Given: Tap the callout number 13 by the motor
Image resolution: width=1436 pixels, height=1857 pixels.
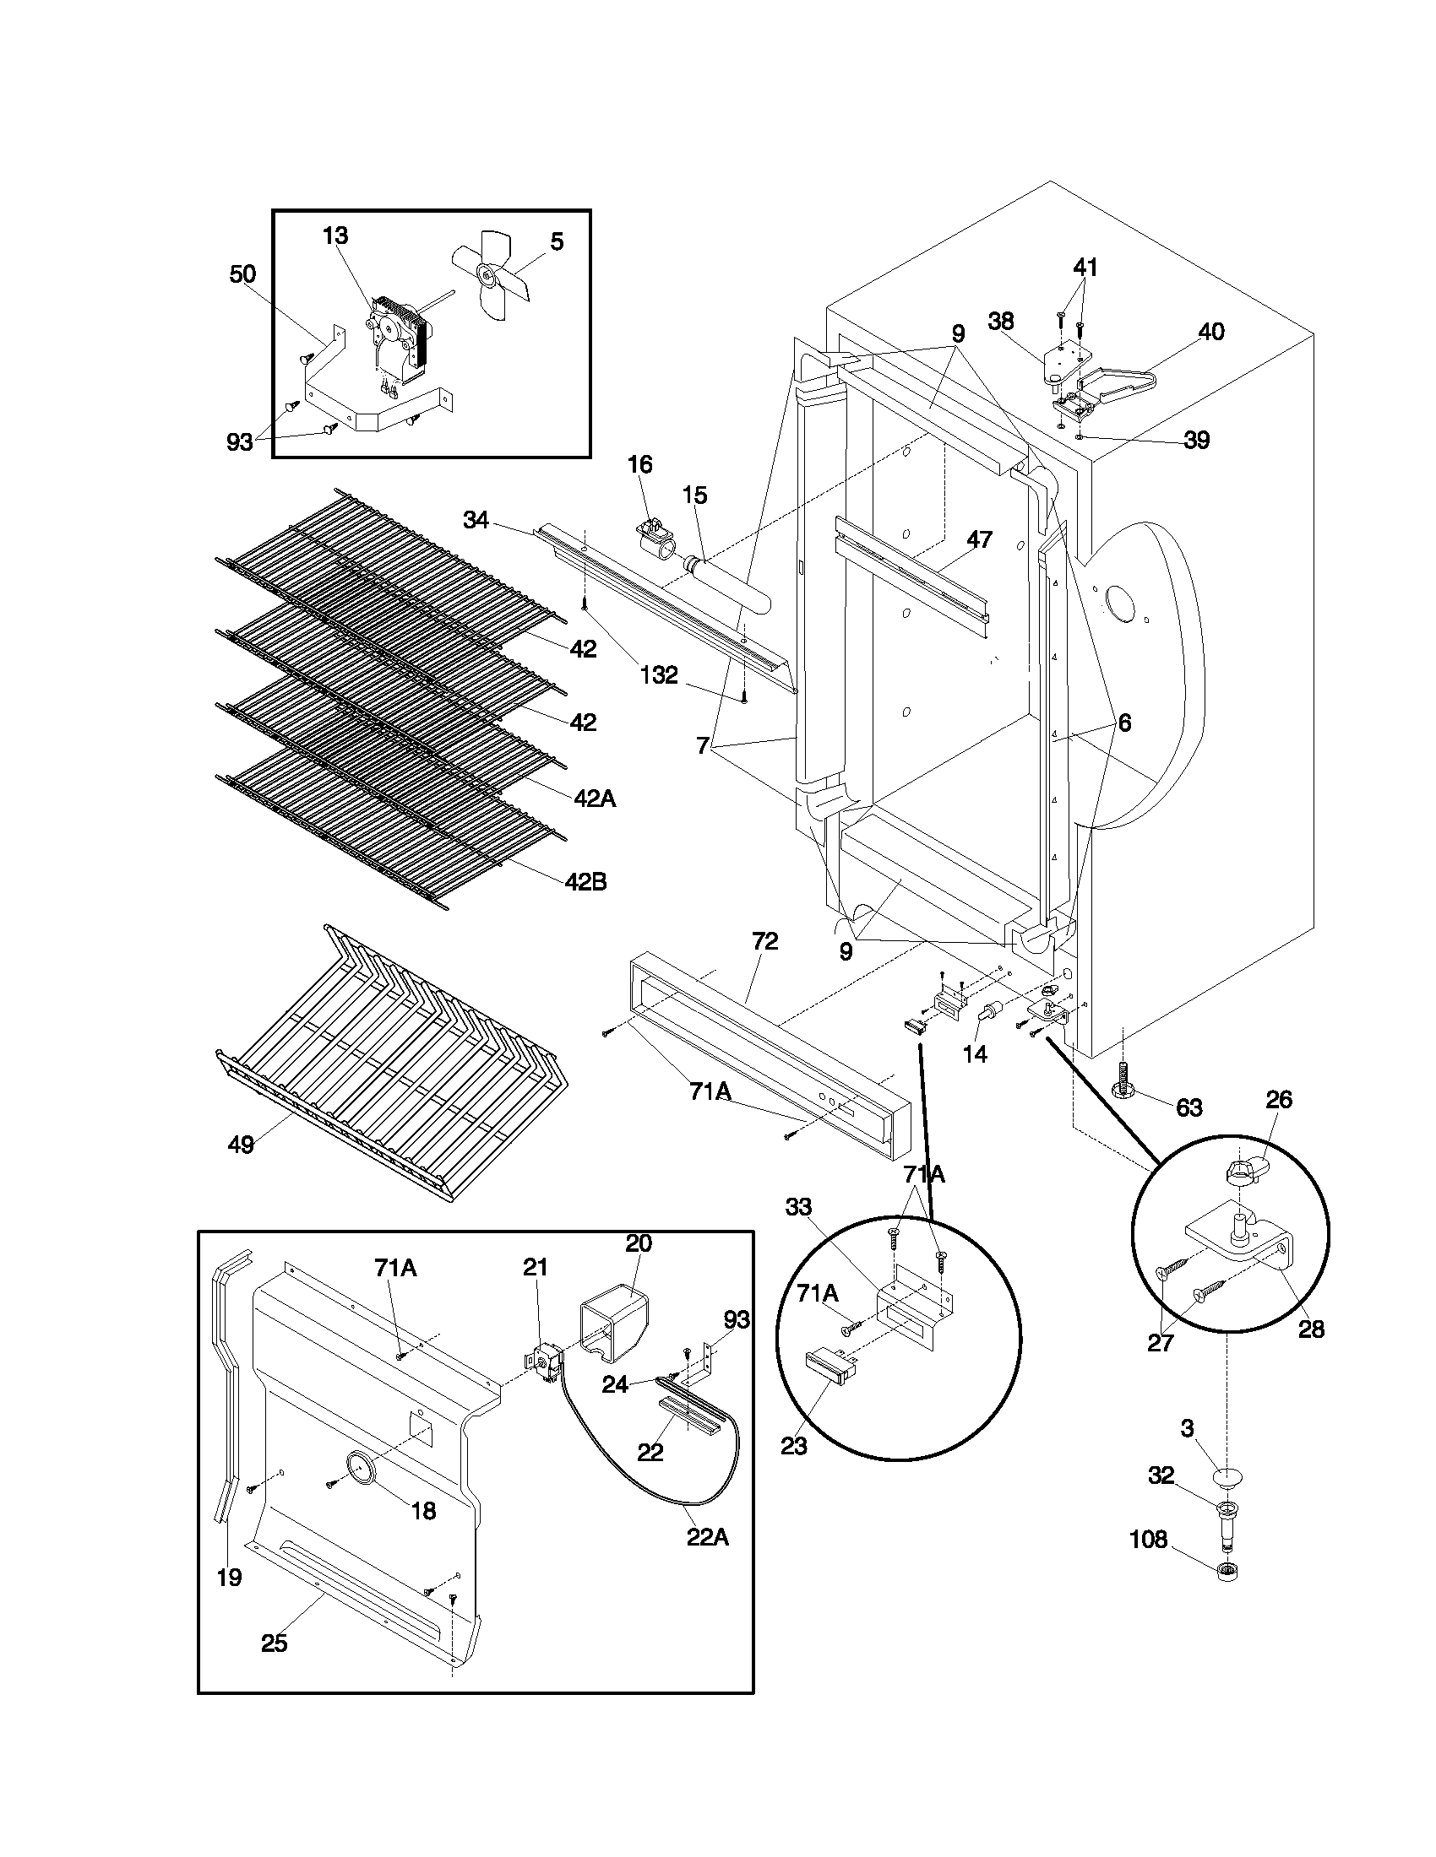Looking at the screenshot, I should (335, 236).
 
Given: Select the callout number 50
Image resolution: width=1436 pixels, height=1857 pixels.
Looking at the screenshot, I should (242, 273).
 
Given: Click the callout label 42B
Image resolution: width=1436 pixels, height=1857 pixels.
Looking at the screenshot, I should (585, 882).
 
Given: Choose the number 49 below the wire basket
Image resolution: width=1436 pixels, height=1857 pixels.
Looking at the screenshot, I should (241, 1145).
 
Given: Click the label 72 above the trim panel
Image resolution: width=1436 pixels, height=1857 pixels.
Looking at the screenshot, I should (764, 941).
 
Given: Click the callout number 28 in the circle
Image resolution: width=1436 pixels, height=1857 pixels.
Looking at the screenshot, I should (1311, 1329).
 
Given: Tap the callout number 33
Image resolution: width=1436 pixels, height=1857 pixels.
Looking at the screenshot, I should (798, 1206).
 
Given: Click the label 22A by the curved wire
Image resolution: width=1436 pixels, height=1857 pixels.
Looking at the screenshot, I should (708, 1537).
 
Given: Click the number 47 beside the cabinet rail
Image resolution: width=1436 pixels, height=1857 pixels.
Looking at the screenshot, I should (979, 539).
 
